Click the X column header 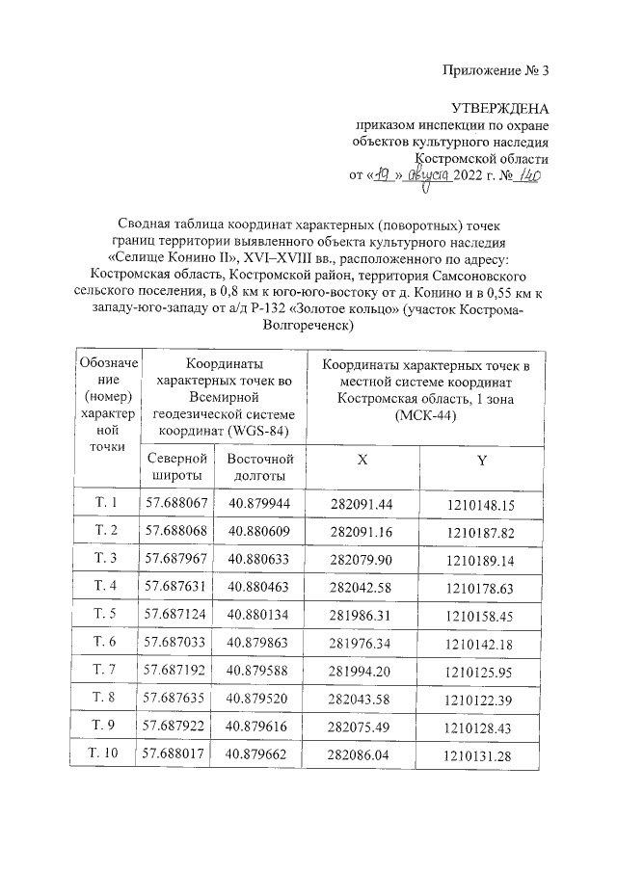[362, 460]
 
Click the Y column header [481, 460]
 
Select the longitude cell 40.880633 [260, 559]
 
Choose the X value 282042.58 [362, 587]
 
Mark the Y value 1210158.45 [481, 615]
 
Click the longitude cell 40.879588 [260, 670]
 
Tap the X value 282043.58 [362, 699]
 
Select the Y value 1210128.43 [481, 727]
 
